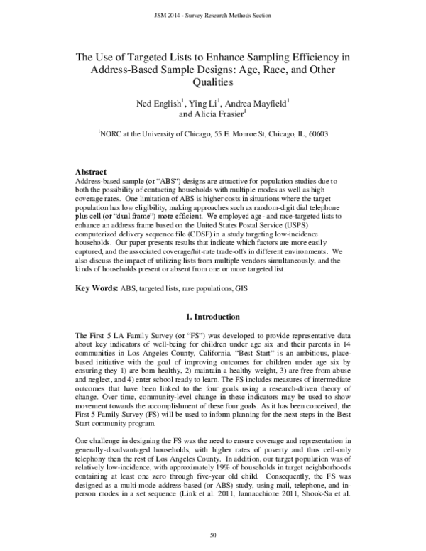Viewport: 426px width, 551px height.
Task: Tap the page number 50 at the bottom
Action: coord(213,533)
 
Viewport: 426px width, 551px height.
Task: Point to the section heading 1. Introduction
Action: coord(212,295)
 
